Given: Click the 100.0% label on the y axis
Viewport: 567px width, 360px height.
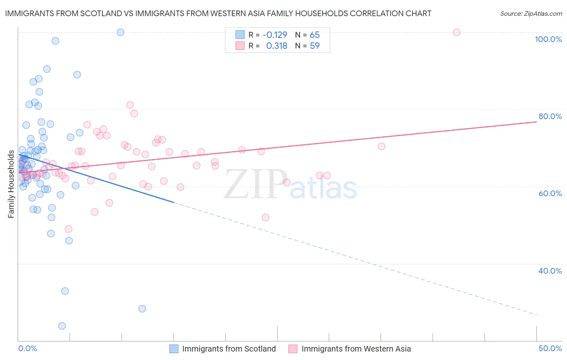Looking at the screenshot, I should tap(548, 39).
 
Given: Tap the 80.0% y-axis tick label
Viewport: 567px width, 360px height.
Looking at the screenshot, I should tap(550, 116).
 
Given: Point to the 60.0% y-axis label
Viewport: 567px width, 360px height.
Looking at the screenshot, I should tap(550, 193).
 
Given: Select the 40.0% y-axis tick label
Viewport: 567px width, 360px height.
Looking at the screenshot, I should tap(550, 271).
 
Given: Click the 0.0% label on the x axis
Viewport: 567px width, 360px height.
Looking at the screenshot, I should tap(27, 348).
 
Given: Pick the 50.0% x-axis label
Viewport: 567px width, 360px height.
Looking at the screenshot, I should tap(550, 348).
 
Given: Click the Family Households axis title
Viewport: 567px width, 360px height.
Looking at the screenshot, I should tap(11, 184).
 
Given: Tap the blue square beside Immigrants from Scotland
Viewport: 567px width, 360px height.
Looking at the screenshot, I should tap(174, 349).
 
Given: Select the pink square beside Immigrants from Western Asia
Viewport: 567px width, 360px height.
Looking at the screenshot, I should tap(293, 349).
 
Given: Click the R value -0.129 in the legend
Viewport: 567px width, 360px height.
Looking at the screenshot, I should tap(275, 35).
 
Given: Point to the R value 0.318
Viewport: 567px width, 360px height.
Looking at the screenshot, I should tap(277, 46).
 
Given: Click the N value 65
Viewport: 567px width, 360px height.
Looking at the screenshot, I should tap(315, 35).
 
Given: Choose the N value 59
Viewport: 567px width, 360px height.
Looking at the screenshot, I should tap(315, 46).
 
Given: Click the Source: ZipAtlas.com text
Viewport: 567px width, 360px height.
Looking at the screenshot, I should tap(531, 14).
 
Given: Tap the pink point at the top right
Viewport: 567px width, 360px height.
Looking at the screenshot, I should tap(457, 32).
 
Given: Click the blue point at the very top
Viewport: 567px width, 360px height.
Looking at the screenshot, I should tap(120, 32).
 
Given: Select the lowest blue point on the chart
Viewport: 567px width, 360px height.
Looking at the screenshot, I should tap(62, 326).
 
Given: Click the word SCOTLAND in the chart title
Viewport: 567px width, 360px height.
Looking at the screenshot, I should tap(98, 14).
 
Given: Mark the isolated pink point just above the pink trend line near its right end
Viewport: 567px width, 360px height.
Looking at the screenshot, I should tap(381, 146).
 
